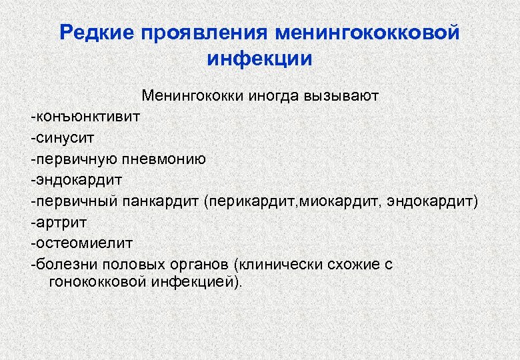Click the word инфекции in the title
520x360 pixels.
(x=259, y=58)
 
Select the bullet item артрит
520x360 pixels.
(x=60, y=222)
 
